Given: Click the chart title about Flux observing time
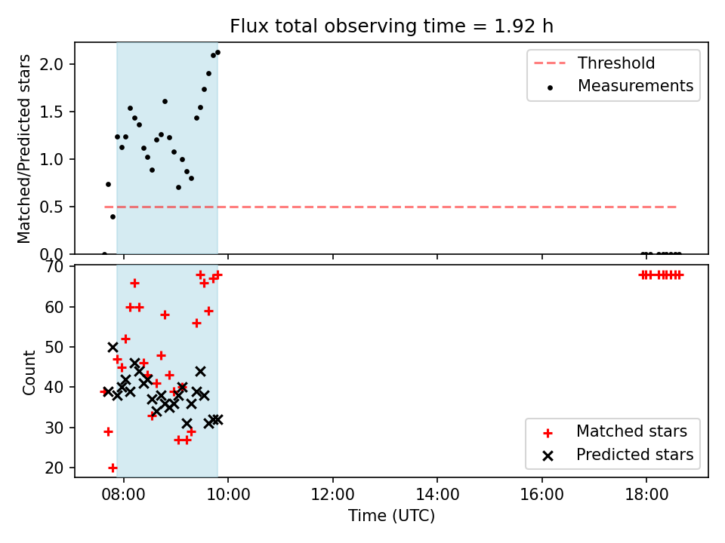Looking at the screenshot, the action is pyautogui.click(x=392, y=26).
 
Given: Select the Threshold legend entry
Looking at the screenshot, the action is pyautogui.click(x=594, y=63).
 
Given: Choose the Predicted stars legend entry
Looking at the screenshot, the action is pyautogui.click(x=618, y=455).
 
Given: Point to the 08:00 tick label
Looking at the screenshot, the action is pyautogui.click(x=123, y=495).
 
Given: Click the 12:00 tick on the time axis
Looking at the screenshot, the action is pyautogui.click(x=332, y=495).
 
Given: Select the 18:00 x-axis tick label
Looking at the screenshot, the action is pyautogui.click(x=646, y=495).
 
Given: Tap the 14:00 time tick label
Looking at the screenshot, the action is pyautogui.click(x=437, y=495).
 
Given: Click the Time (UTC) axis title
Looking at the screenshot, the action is pyautogui.click(x=392, y=515).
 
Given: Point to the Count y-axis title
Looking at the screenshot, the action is pyautogui.click(x=29, y=372).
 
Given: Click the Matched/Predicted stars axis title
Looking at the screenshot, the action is pyautogui.click(x=23, y=149).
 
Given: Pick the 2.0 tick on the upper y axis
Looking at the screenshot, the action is pyautogui.click(x=51, y=63).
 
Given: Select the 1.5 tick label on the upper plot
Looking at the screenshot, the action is pyautogui.click(x=51, y=112).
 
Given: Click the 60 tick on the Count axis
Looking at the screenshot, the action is pyautogui.click(x=54, y=307).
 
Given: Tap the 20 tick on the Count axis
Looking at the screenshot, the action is pyautogui.click(x=54, y=468).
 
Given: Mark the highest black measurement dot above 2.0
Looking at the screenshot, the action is pyautogui.click(x=217, y=53).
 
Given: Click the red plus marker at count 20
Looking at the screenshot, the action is pyautogui.click(x=113, y=468).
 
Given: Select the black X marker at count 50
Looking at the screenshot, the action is pyautogui.click(x=113, y=347).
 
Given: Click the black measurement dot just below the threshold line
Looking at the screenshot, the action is pyautogui.click(x=113, y=217).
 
